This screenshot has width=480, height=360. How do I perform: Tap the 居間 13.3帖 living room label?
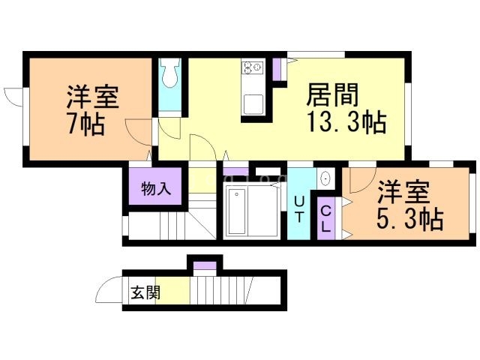[345, 109]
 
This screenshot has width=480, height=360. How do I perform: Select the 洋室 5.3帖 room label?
[409, 205]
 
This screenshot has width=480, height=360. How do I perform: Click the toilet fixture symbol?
[169, 73]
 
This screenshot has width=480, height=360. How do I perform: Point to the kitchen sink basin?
[253, 104]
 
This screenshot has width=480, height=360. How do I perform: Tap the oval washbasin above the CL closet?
[325, 178]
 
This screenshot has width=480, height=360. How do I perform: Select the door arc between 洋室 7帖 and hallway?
[139, 135]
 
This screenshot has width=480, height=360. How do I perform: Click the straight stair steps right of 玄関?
[221, 291]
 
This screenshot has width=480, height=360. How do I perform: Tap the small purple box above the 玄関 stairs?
[204, 265]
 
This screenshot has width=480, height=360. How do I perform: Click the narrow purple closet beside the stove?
[276, 68]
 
